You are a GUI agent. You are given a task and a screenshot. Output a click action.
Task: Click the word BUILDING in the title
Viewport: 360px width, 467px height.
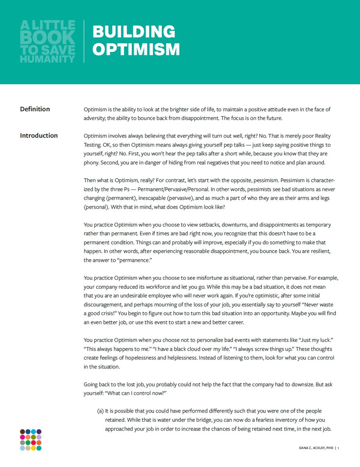(134, 32)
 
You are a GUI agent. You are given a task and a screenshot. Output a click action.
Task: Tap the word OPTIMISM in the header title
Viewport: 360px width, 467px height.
(136, 49)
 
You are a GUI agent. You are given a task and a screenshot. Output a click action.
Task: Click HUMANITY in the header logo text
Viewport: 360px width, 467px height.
(47, 59)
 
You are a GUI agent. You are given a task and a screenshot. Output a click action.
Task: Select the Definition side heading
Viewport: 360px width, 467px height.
(35, 109)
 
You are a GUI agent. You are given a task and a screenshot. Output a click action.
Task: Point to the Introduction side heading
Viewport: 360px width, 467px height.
(39, 135)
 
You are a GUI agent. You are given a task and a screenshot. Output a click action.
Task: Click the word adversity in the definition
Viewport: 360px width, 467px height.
(96, 118)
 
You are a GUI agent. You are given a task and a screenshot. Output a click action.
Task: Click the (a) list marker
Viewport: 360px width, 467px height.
(100, 411)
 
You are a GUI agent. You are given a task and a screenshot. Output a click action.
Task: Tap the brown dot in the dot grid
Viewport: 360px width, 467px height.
(23, 432)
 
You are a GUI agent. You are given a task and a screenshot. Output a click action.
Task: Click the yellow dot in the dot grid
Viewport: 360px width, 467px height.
(33, 448)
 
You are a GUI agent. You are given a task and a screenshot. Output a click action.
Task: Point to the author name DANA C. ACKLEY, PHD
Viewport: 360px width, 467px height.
(316, 448)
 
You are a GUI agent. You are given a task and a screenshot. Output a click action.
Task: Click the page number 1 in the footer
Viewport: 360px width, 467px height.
(339, 448)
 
